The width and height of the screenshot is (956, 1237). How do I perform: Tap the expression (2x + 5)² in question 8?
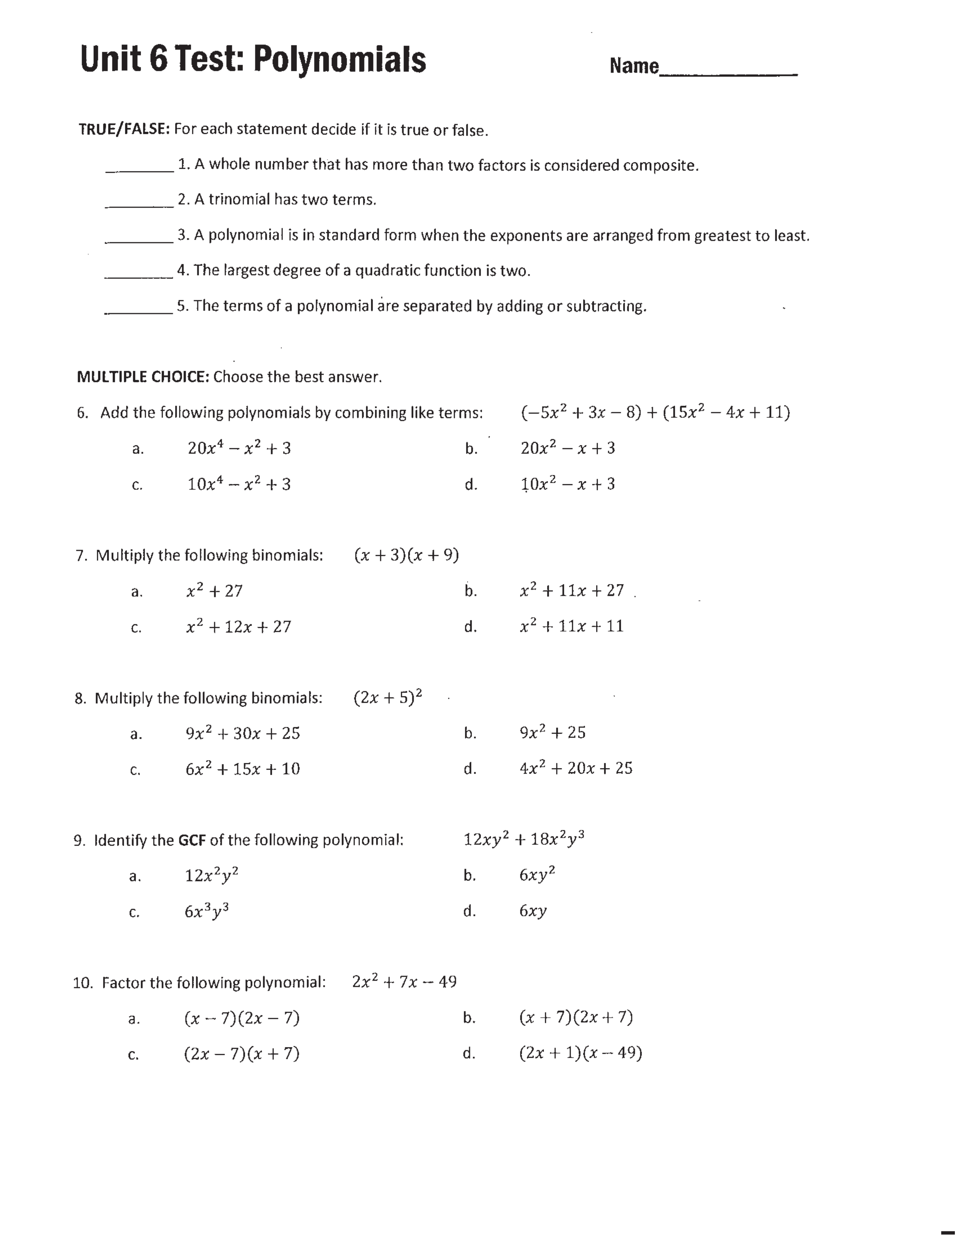point(388,697)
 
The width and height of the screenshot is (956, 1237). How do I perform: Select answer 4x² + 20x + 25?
point(575,768)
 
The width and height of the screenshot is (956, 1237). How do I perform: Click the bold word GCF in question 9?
point(192,840)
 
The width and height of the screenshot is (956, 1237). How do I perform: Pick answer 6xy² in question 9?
point(537,875)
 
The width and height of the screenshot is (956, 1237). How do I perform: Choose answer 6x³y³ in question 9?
point(207,911)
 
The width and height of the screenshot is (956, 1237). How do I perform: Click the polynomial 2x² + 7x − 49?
point(404,982)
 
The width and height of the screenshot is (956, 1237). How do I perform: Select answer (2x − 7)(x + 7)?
point(241,1053)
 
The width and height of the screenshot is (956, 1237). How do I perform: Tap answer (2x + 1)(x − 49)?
point(580,1053)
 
